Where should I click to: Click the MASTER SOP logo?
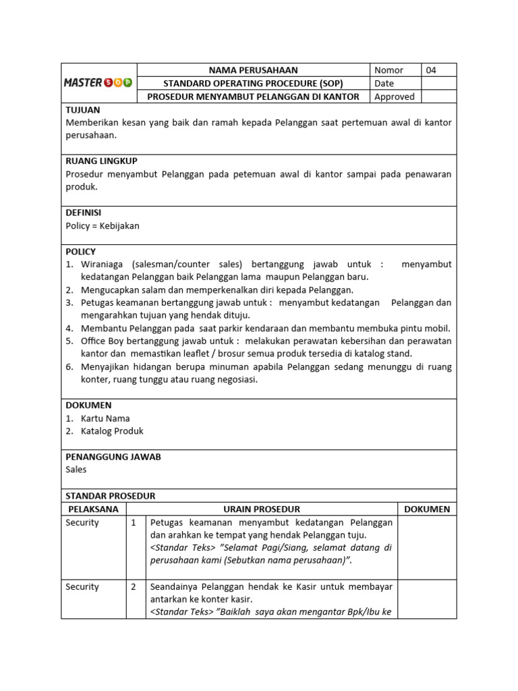(98, 83)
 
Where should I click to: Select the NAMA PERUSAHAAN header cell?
(253, 70)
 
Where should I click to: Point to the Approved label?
(394, 96)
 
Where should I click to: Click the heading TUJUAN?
(82, 109)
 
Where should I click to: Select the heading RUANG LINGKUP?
(101, 161)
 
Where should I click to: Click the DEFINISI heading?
(84, 213)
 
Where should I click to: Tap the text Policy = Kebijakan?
(103, 226)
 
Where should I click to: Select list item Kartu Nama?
(105, 418)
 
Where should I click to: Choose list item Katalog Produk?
(112, 431)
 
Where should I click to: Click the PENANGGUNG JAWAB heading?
(113, 457)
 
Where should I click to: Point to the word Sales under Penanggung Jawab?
(76, 470)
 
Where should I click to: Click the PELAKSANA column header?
(93, 509)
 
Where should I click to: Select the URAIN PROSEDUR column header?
(262, 509)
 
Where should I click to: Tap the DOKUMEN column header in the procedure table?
(427, 509)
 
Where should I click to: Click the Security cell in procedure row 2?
(82, 587)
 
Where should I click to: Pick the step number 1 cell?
(134, 522)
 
